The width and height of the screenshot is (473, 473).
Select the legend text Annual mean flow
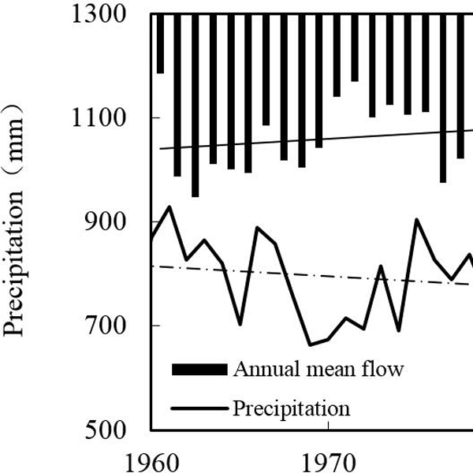[317, 369]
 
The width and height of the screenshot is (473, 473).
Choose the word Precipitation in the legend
[291, 408]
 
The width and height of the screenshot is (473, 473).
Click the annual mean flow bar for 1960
[160, 43]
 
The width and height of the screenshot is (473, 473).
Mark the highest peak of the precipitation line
[169, 207]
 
